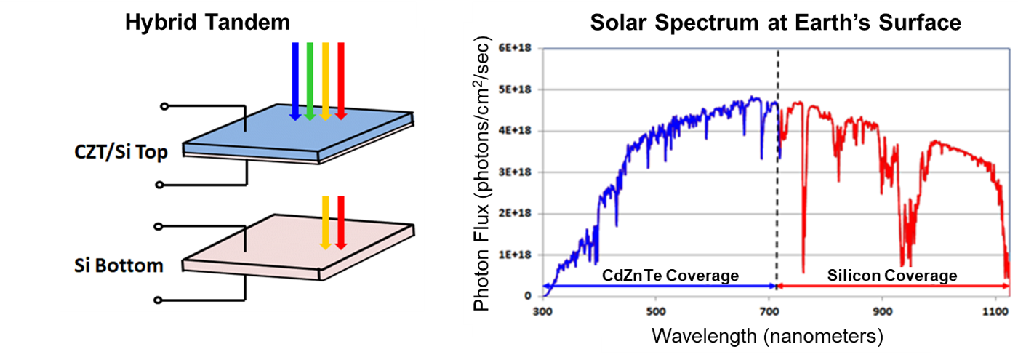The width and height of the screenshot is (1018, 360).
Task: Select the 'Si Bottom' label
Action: pos(119,265)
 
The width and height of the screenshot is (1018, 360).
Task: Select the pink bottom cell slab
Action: pos(298,240)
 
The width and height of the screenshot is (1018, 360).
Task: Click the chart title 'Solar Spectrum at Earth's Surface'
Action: pos(775,23)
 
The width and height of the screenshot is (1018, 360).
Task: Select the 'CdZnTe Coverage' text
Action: pos(670,276)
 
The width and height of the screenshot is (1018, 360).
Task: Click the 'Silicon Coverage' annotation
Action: pos(891,276)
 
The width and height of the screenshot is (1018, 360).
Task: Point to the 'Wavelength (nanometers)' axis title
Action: pos(767,335)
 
